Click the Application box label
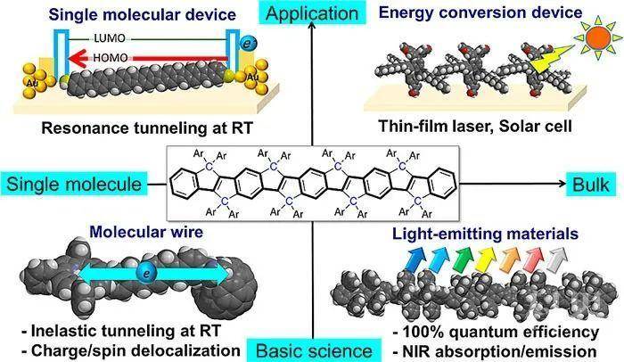[x=312, y=13]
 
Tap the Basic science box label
[x=314, y=350]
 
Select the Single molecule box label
[x=74, y=185]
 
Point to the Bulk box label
[x=591, y=185]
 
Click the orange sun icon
[x=598, y=37]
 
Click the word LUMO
[x=110, y=38]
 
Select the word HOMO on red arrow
[x=111, y=58]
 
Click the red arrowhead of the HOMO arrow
[x=78, y=59]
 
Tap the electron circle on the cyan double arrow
[x=145, y=274]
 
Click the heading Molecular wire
[x=146, y=232]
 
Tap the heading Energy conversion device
[x=480, y=12]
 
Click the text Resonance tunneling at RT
[x=147, y=128]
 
